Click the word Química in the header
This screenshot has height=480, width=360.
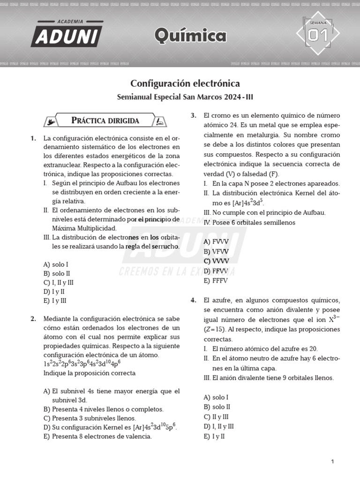190,35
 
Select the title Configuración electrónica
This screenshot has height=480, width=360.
185,83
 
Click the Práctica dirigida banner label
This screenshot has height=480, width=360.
105,120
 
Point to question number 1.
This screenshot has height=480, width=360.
33,138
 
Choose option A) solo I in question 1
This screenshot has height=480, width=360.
56,264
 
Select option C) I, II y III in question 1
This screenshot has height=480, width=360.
59,283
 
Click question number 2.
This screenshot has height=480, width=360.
33,319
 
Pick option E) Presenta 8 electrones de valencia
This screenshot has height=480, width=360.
97,436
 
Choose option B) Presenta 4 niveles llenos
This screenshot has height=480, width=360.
103,409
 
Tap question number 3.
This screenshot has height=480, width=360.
193,115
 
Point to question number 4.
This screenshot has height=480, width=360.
193,300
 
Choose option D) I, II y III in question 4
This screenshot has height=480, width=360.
219,427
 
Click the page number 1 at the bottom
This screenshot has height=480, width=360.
332,462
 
